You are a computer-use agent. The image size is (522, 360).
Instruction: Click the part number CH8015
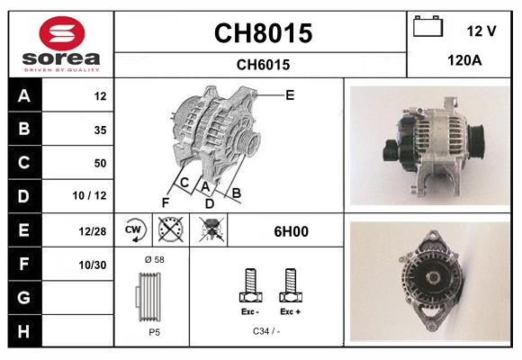click(262, 33)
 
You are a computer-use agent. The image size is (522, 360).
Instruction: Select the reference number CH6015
click(262, 64)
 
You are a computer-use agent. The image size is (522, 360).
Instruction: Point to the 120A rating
click(464, 61)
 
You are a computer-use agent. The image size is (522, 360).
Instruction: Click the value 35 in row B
click(100, 130)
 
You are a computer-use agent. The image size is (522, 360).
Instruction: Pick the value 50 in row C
click(100, 163)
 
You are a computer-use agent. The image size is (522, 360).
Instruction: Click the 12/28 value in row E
click(93, 230)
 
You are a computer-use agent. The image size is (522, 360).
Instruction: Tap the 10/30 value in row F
click(93, 264)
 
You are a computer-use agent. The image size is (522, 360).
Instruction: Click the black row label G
click(22, 297)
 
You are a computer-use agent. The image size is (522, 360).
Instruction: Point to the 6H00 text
click(291, 231)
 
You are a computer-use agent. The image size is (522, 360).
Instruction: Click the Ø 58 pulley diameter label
click(154, 259)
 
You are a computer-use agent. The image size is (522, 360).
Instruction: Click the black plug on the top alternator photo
click(392, 148)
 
